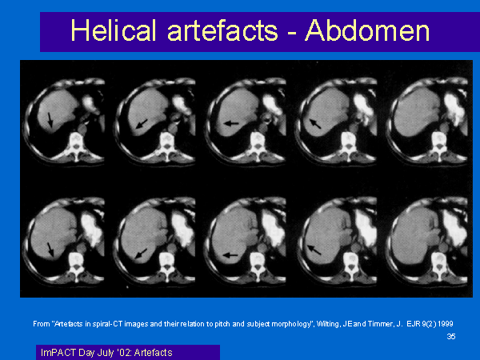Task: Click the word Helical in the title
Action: [114, 30]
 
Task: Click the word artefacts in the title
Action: [222, 30]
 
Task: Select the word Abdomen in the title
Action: [367, 30]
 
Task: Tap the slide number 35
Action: [451, 337]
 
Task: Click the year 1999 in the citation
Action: [446, 324]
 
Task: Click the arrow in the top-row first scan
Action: [50, 120]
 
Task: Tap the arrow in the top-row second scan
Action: [142, 124]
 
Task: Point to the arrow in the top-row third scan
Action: [231, 123]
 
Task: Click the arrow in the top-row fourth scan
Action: [315, 123]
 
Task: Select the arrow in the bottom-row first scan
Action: [50, 250]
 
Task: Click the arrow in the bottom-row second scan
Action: [141, 253]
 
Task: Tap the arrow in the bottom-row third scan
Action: [230, 254]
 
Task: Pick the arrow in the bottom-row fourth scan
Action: [314, 250]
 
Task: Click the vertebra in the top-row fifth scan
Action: [439, 144]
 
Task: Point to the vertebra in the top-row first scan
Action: [77, 145]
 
